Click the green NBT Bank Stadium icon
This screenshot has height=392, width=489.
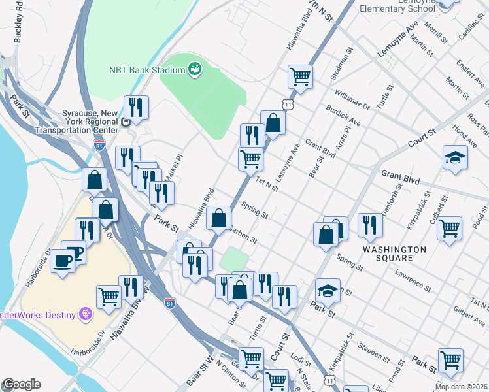(194, 69)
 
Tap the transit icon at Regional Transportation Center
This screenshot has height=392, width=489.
(126, 121)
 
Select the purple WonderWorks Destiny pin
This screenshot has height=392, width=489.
(85, 314)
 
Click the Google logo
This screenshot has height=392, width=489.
(22, 384)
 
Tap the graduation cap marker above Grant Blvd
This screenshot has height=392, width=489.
(455, 157)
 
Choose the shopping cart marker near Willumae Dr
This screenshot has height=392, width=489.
(300, 76)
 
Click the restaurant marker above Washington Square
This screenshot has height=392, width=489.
(371, 225)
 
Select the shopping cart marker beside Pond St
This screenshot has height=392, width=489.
(449, 228)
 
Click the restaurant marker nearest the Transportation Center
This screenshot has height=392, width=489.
(136, 107)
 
